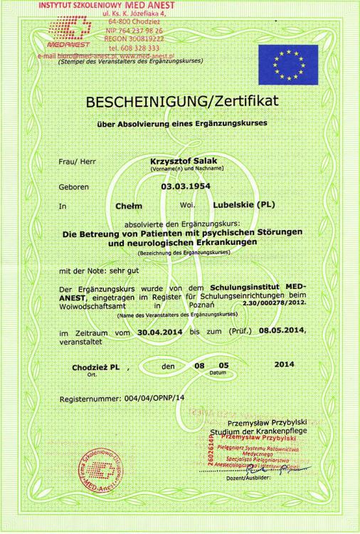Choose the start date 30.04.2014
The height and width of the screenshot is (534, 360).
[x=159, y=333]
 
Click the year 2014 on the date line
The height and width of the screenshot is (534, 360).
[x=283, y=365]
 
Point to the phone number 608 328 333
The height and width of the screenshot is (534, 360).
[x=142, y=48]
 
